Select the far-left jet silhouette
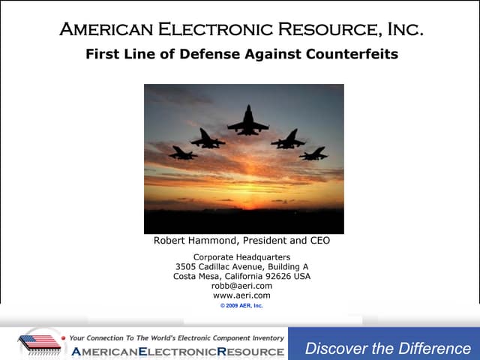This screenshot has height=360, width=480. pos(184,153)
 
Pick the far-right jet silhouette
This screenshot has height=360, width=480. pos(313,154)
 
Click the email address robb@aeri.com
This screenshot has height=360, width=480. pos(241,286)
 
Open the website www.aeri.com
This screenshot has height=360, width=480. pos(241,295)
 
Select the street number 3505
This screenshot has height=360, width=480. pos(187,266)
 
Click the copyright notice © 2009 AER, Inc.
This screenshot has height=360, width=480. pos(241,306)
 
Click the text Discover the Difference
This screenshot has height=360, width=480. pos(388,349)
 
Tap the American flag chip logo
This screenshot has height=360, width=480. pos(39,343)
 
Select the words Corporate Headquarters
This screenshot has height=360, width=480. pos(241,257)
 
